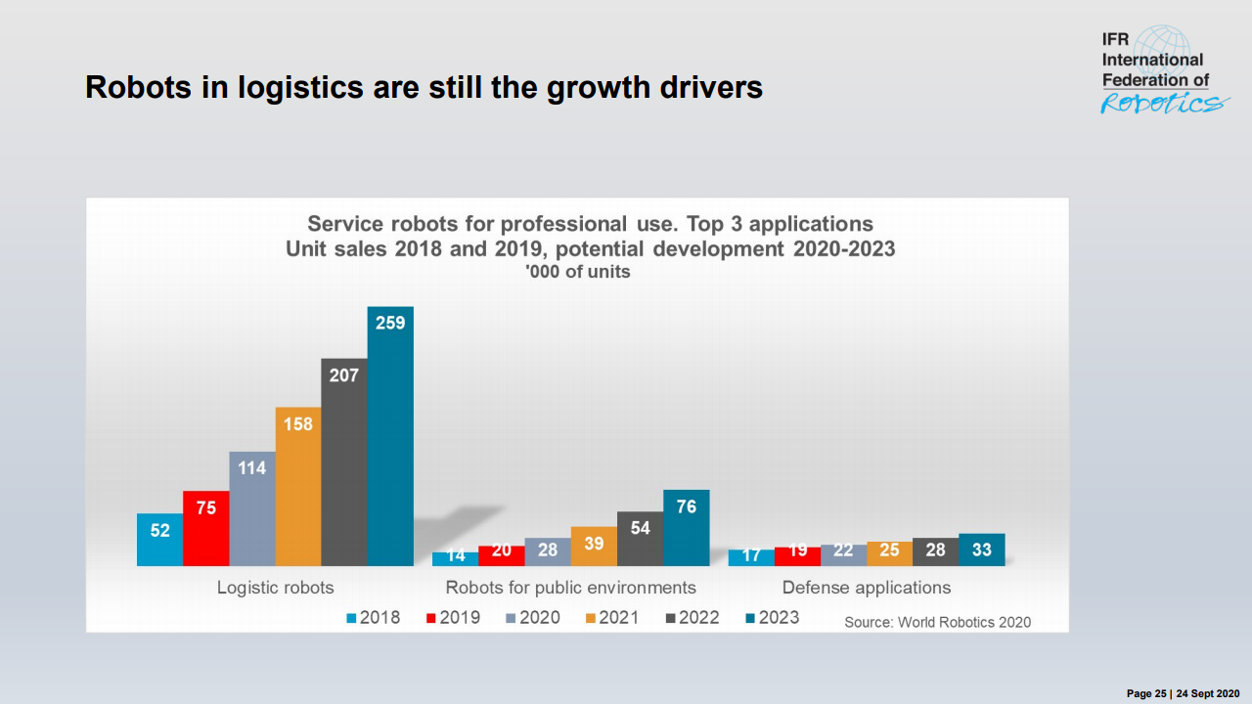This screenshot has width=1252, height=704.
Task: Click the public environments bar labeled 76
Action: pos(686,528)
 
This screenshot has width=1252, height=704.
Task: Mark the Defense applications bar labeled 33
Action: pos(981,550)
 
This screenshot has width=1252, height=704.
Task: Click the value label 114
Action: pos(252,468)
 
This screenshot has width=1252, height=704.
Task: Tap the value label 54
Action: pos(640,528)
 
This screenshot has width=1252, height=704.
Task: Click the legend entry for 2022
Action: pos(692,617)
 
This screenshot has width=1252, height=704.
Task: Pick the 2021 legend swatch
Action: pos(591,618)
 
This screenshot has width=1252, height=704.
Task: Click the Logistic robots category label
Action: pos(275,588)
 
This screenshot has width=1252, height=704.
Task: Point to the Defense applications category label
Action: pos(866,588)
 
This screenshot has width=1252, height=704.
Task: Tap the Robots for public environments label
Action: pos(570,588)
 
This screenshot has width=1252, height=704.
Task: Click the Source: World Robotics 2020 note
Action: pos(937,622)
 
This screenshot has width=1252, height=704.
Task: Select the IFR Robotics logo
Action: pos(1161,71)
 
